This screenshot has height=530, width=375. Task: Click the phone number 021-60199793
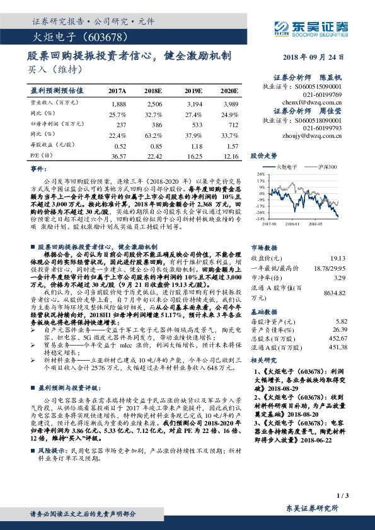pos(321,128)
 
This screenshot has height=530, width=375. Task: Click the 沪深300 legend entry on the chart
pos(328,167)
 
